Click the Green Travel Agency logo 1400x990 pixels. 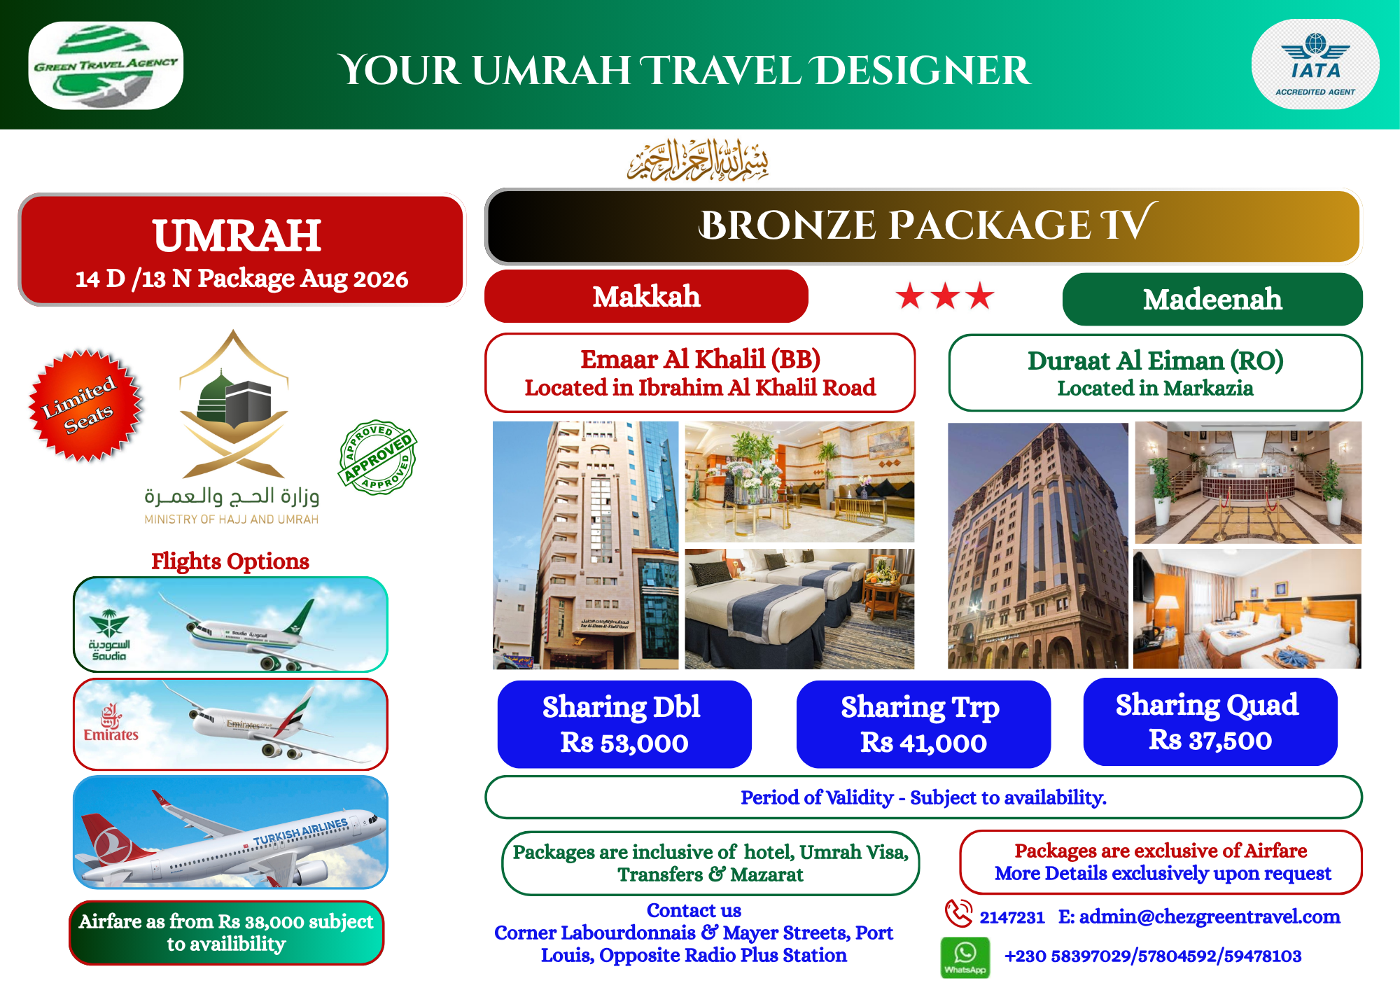coord(106,65)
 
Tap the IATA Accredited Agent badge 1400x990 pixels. coord(1315,64)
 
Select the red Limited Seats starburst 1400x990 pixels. coord(85,405)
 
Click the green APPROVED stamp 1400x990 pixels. coord(378,457)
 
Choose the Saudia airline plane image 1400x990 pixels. coord(230,625)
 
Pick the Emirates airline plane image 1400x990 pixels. coord(230,724)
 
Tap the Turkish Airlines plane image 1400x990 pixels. coord(230,832)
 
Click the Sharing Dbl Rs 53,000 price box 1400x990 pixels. coord(624,724)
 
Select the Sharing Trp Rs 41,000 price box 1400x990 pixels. coord(923,724)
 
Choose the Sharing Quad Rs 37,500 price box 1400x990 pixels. coord(1210,722)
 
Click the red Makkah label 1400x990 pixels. coord(646,296)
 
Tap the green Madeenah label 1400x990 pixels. coord(1212,299)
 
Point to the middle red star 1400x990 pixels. coord(945,296)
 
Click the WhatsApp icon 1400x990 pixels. coord(965,957)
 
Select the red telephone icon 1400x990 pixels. coord(958,914)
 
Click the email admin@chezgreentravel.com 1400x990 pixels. coord(1210,916)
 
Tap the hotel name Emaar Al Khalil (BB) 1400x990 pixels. coord(700,359)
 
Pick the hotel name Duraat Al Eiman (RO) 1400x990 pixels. coord(1155,361)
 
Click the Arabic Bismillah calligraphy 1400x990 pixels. coord(699,160)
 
